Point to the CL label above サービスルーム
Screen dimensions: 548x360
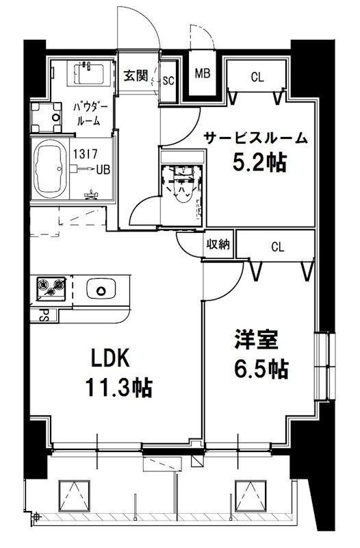[x=257, y=77]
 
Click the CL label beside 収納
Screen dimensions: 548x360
[x=277, y=246]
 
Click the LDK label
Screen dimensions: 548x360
[x=110, y=358]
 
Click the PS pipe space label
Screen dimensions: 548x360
[x=43, y=316]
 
